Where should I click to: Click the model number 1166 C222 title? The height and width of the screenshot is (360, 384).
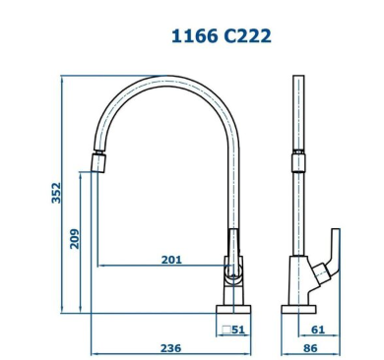point(222,35)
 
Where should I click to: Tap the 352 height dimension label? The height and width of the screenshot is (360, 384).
point(56,193)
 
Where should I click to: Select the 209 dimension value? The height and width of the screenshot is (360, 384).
point(75,239)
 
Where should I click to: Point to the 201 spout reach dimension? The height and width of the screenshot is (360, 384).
point(171,260)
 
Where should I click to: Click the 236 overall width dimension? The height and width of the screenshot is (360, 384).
point(170,348)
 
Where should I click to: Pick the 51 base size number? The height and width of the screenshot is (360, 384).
point(238,330)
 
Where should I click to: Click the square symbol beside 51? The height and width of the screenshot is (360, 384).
point(226,330)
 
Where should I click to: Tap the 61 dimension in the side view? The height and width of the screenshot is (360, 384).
point(318,330)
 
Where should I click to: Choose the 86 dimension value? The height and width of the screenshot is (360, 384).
point(310,348)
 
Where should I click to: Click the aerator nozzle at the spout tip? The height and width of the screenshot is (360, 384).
point(98,161)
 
